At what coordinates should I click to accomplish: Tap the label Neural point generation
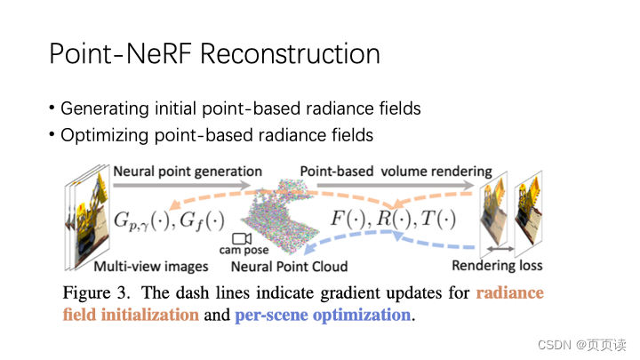coord(188,171)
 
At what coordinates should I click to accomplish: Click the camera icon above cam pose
coord(241,239)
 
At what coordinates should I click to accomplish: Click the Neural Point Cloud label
coord(289,266)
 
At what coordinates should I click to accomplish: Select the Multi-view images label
coord(151,266)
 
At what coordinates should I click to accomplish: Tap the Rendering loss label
coord(497,265)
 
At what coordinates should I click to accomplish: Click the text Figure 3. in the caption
coord(98,292)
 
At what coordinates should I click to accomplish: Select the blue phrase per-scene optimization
coord(323,315)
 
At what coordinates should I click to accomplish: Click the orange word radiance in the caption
coord(509,292)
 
